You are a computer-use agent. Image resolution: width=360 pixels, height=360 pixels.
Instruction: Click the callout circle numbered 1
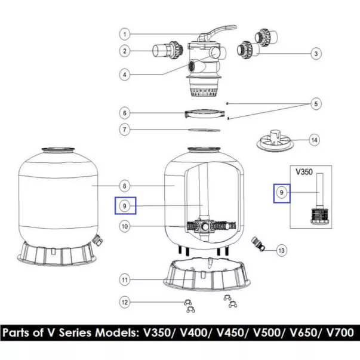(125, 34)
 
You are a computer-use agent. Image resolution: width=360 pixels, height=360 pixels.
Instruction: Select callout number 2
(125, 51)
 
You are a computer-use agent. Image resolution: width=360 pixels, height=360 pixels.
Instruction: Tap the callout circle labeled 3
(316, 54)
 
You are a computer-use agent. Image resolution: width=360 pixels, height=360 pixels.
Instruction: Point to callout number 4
(125, 75)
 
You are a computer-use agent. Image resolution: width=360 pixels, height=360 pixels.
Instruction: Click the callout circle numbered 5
(316, 104)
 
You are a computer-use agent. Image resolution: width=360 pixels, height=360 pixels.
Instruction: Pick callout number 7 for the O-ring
(125, 130)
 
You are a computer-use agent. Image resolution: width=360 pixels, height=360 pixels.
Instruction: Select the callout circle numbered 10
(125, 226)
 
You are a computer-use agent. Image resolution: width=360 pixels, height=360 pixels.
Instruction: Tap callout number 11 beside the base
(125, 279)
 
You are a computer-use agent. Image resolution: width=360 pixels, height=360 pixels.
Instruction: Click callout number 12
(125, 302)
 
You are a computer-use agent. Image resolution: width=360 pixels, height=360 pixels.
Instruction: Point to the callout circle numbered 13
(281, 251)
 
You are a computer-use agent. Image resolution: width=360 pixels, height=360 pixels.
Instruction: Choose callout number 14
(314, 140)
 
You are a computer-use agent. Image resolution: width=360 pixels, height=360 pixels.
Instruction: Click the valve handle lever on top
(217, 32)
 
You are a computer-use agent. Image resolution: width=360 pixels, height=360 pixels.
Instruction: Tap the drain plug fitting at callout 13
(259, 244)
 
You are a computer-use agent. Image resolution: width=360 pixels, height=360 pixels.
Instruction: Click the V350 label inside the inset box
(304, 172)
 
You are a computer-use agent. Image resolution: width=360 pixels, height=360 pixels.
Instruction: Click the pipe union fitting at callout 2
(168, 50)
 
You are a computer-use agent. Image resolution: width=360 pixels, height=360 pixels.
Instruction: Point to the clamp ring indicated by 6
(205, 113)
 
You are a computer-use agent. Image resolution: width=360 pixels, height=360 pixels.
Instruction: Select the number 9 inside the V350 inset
(281, 192)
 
